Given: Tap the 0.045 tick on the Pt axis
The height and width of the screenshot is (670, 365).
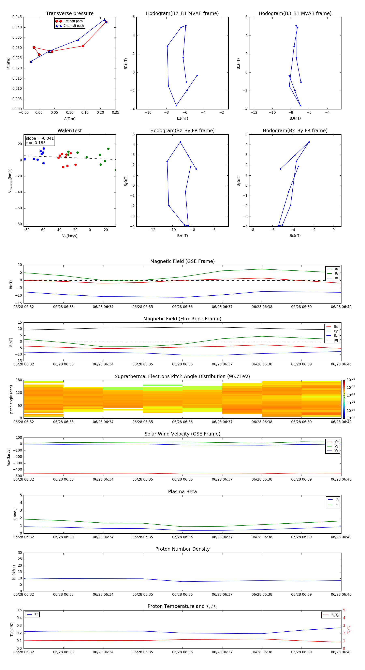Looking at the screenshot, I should (x=17, y=17).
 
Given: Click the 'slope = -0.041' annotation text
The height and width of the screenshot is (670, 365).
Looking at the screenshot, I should (x=40, y=138).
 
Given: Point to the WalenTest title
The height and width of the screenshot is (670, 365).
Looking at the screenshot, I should (x=70, y=131).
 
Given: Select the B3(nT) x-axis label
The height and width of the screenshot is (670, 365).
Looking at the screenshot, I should (x=295, y=118).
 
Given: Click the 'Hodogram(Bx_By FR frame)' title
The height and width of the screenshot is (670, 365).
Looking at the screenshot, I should (x=295, y=131).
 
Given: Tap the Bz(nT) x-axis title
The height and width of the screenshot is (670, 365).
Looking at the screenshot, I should (x=182, y=236).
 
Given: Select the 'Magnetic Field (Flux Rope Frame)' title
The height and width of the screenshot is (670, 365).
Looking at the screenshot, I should (x=182, y=319).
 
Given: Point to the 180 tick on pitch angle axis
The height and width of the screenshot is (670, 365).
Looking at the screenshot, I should (x=19, y=380).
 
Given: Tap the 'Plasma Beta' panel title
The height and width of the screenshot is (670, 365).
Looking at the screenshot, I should (x=182, y=492).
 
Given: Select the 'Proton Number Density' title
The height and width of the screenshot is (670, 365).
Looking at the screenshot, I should (x=182, y=549).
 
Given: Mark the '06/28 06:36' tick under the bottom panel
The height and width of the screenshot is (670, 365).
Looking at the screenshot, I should (x=182, y=652).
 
